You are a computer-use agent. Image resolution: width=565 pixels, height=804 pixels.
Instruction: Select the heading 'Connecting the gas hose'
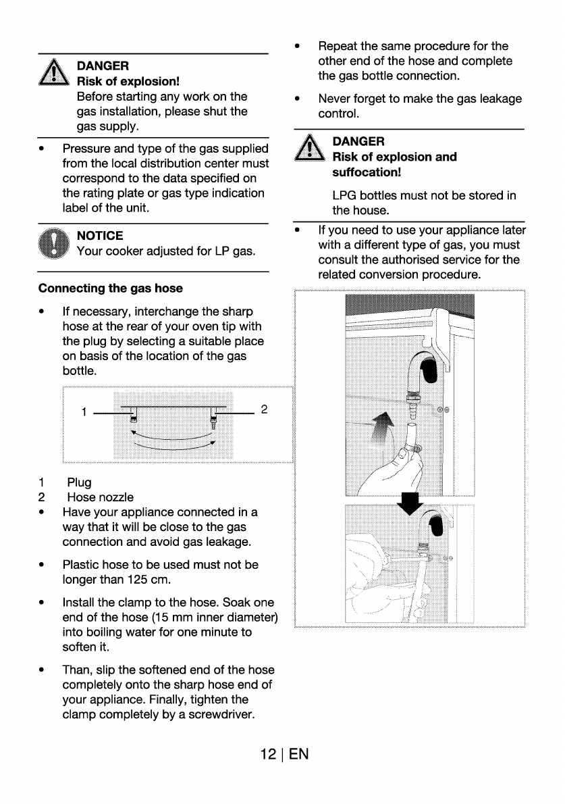(111, 288)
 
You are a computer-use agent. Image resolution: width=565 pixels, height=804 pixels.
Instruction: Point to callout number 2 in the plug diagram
(264, 409)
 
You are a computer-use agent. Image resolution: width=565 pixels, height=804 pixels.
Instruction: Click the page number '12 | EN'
(283, 754)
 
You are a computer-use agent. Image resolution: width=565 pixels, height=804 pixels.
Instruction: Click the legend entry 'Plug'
(79, 482)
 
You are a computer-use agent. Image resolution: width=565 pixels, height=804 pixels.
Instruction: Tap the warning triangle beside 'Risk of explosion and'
(307, 148)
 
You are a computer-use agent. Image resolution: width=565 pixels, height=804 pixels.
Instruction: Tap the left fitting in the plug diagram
(133, 413)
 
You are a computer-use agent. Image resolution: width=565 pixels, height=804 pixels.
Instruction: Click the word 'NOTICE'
(100, 236)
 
